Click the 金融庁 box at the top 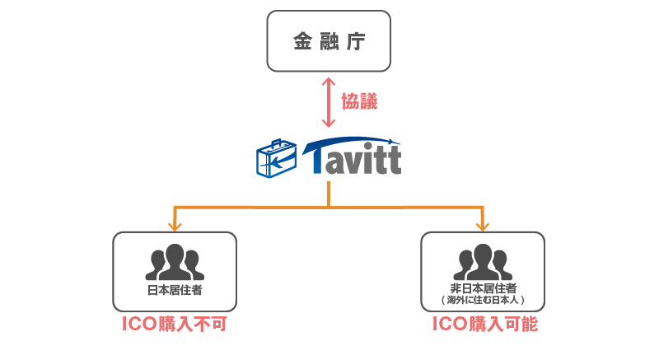point(328,40)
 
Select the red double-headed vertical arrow point(329,102)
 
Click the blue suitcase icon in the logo point(276,159)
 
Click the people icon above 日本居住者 point(174,262)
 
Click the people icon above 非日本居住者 point(482,262)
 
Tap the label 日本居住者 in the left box point(175,290)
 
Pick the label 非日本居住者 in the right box point(483,288)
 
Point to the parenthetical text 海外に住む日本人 point(483,300)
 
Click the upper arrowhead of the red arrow point(329,82)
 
